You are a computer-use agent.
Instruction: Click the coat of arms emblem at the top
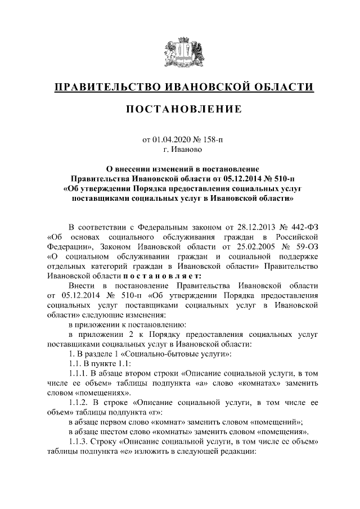(179, 52)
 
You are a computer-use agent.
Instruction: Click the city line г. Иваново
(179, 150)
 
